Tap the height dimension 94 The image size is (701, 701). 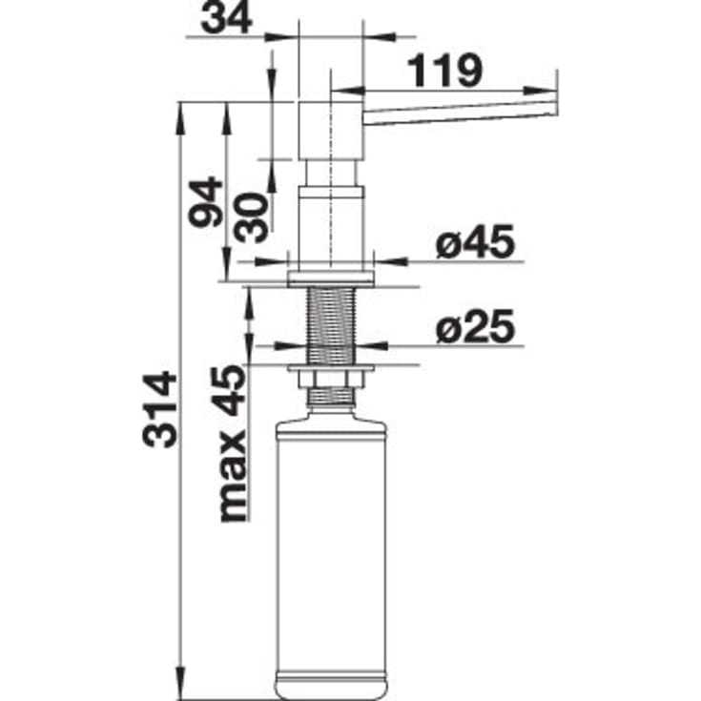[x=205, y=201]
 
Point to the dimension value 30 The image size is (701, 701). [x=251, y=215]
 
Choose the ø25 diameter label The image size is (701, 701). [x=475, y=328]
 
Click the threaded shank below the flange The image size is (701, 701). [x=331, y=324]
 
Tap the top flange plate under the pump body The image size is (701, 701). [x=331, y=278]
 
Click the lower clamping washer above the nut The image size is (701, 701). [x=331, y=366]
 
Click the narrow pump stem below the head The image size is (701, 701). [x=331, y=175]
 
